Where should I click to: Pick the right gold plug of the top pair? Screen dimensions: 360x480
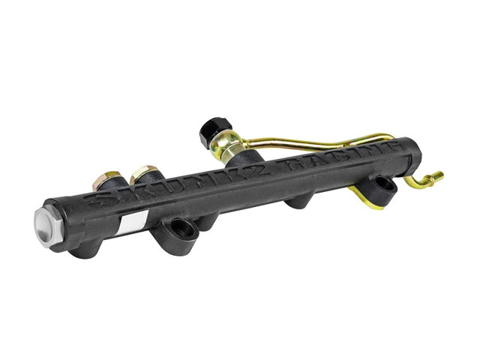(x=144, y=174)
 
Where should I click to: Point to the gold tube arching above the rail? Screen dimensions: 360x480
(x=322, y=141)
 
